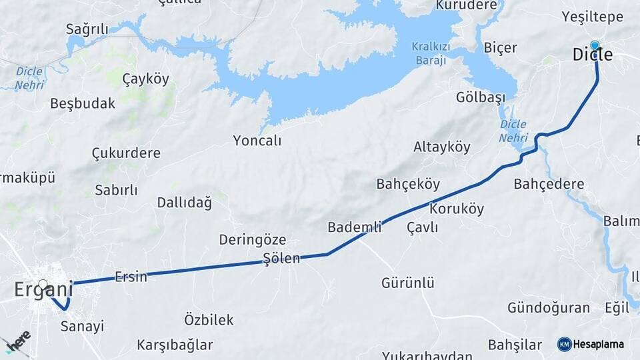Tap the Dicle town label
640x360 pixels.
point(592,55)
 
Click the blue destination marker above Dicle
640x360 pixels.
point(595,45)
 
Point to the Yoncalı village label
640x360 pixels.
point(257,141)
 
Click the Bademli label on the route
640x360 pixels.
point(354,227)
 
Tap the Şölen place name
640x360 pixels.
point(281,259)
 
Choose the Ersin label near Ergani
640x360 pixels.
point(131,277)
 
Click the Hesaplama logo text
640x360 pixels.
point(598,345)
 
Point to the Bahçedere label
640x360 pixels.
point(549,184)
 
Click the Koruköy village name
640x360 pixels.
point(457,209)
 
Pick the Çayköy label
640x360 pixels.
point(145,79)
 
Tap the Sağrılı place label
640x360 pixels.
point(87,29)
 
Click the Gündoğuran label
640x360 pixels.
point(548,307)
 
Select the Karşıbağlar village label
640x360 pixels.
point(175,345)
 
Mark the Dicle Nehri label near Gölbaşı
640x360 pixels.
point(513,131)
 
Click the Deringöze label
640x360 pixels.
point(253,239)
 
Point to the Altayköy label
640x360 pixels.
point(441,147)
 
